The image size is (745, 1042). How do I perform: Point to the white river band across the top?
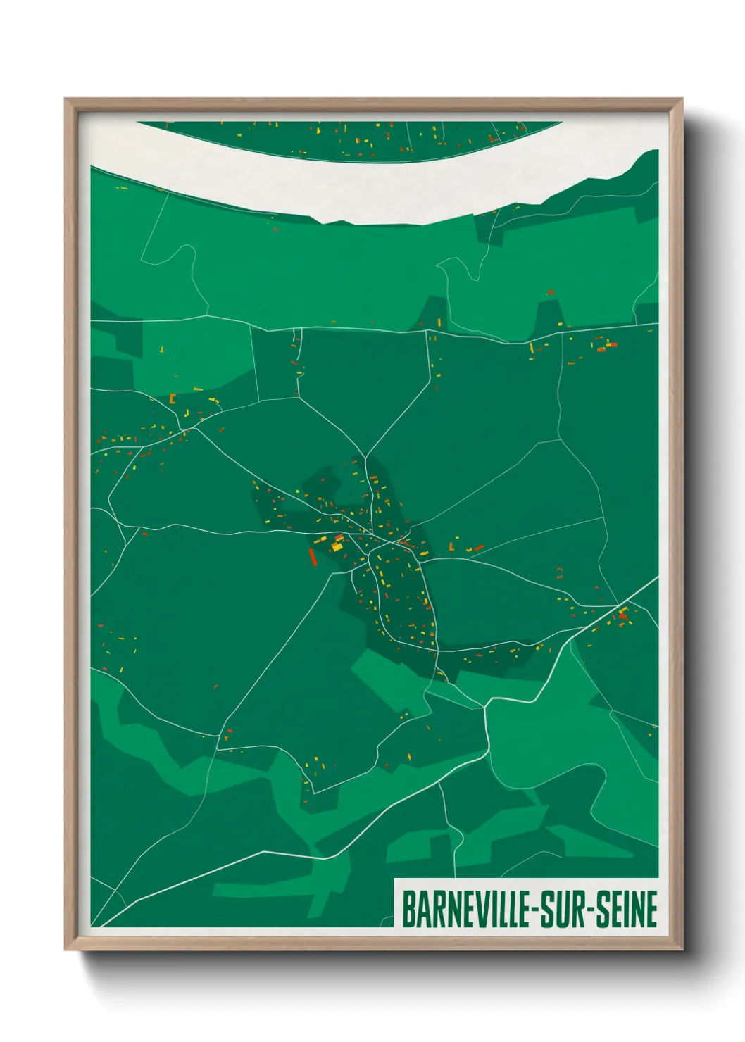pyautogui.click(x=352, y=187)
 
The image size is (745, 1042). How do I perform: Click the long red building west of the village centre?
pyautogui.click(x=313, y=557)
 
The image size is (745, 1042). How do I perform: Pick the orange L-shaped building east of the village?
pyautogui.click(x=452, y=546)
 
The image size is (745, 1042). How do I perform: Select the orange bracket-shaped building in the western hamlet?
pyautogui.click(x=172, y=398)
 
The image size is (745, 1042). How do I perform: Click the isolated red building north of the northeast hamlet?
pyautogui.click(x=550, y=292)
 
